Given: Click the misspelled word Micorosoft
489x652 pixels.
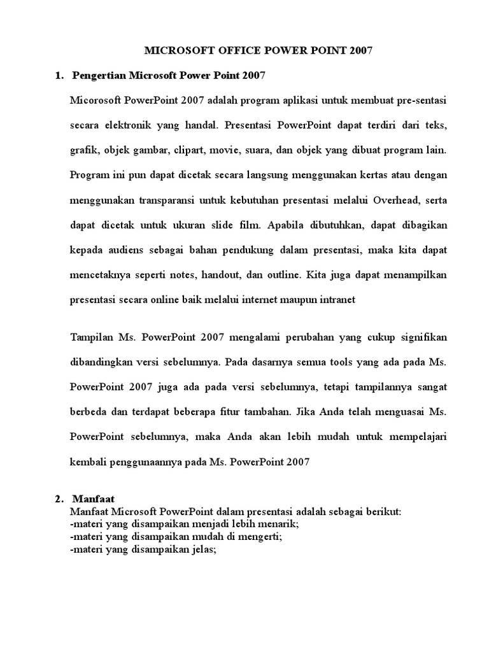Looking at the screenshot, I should pos(96,101).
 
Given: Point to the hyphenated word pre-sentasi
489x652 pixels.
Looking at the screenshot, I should pos(422,101).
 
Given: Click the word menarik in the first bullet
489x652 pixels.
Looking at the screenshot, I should pos(281,525).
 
